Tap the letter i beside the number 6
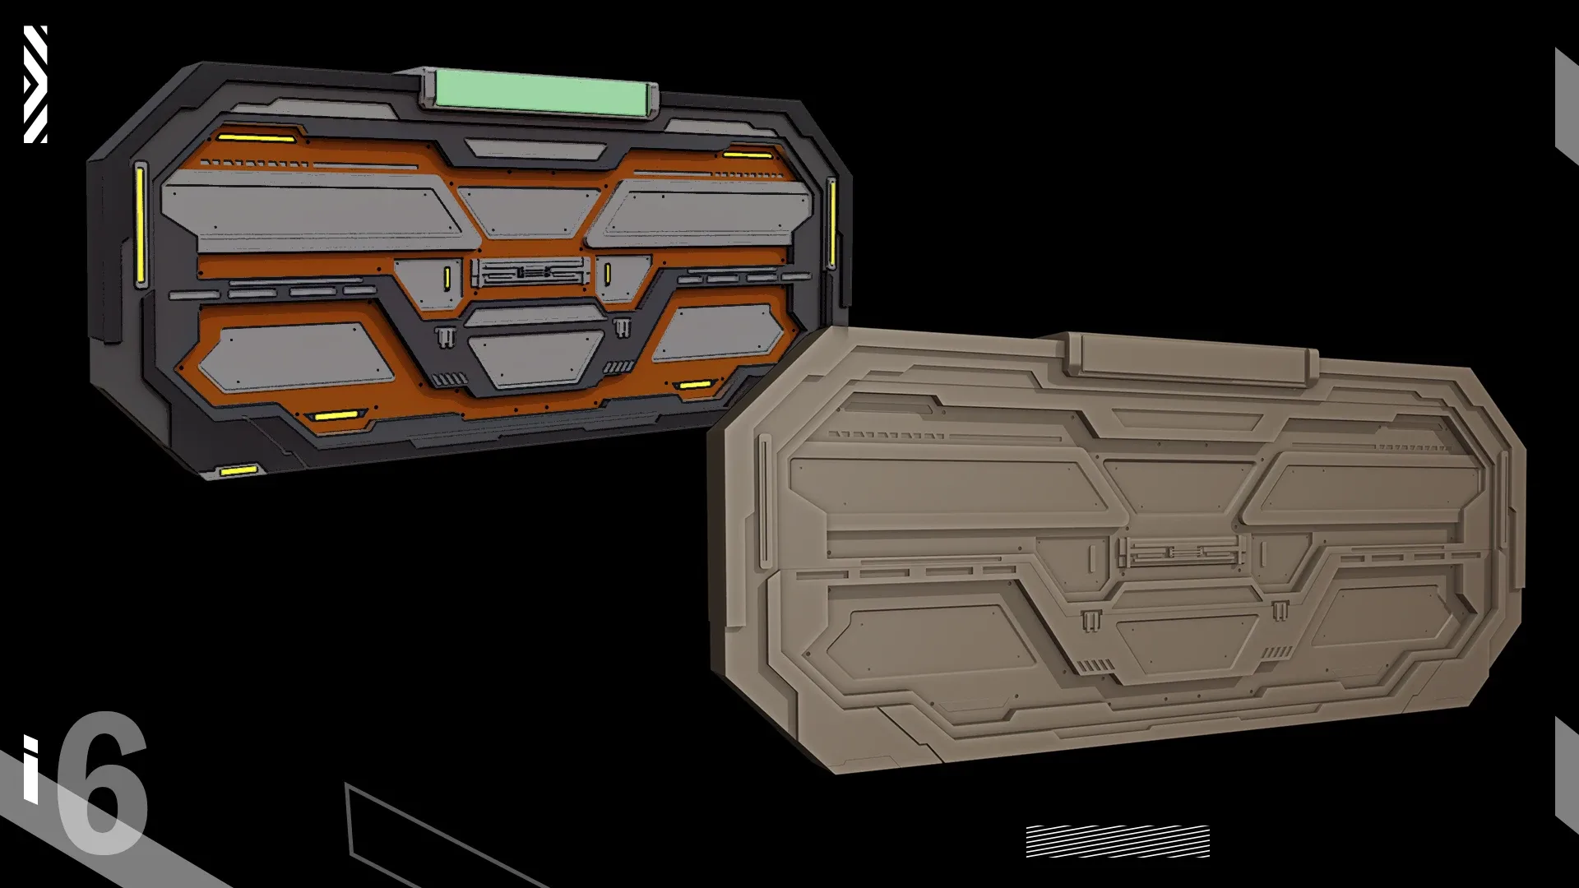pos(30,769)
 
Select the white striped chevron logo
pos(35,84)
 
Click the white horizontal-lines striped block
pos(1118,841)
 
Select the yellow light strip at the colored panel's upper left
pos(256,138)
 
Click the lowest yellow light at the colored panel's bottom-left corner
pos(238,471)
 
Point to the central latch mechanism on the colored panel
pos(530,271)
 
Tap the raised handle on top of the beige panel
pos(1192,358)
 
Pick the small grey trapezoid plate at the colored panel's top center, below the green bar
pos(533,149)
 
